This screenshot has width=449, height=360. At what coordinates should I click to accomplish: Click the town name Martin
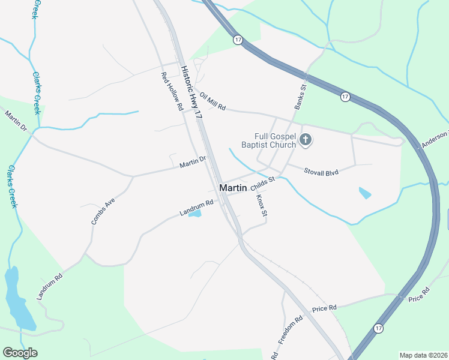tap(234, 188)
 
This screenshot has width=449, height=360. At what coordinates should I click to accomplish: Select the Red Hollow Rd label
tap(171, 92)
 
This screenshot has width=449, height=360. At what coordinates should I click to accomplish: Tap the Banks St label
tap(300, 95)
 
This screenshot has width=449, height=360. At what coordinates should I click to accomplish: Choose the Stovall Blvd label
tap(321, 172)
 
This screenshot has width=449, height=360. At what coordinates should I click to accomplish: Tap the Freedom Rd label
tap(289, 331)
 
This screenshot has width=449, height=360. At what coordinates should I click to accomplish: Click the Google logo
tap(20, 353)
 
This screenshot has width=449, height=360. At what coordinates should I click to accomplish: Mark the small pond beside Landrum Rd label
tap(194, 214)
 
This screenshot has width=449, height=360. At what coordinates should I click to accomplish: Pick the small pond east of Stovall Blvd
tap(364, 193)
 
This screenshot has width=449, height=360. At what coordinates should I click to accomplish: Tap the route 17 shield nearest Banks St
tap(345, 96)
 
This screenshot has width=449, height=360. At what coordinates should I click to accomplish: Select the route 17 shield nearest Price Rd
tap(378, 328)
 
